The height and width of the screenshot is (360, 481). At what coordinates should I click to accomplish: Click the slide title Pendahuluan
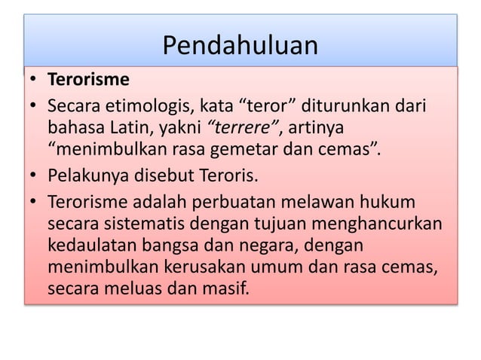tap(240, 47)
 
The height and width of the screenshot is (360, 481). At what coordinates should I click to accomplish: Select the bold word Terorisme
tap(88, 79)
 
